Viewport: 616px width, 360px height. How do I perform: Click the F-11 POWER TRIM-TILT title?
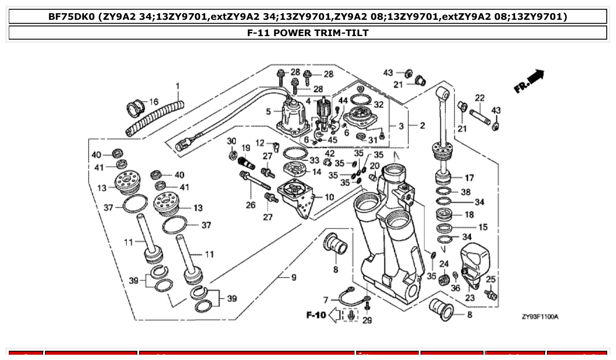tap(308, 33)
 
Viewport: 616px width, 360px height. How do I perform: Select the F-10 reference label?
tap(315, 315)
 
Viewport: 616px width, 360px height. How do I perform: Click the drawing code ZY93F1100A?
tap(540, 317)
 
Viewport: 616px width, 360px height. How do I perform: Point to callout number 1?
tap(178, 85)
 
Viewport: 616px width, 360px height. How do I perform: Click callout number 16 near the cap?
tap(153, 102)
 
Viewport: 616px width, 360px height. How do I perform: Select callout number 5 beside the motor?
tap(268, 112)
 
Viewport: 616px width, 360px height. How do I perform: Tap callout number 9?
tap(294, 278)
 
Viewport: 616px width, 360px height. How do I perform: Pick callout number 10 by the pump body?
tap(329, 197)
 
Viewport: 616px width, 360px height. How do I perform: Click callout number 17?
tap(469, 178)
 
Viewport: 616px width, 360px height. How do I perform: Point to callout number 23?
tap(470, 298)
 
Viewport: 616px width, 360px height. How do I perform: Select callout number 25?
tap(491, 279)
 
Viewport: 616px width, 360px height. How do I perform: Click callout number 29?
tap(367, 320)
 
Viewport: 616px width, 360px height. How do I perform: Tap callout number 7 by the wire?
tap(326, 300)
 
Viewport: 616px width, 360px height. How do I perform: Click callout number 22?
tap(480, 98)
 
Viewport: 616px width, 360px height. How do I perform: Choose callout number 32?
tap(379, 105)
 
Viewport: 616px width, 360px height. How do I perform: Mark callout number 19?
tap(245, 148)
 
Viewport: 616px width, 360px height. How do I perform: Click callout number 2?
tap(422, 126)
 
